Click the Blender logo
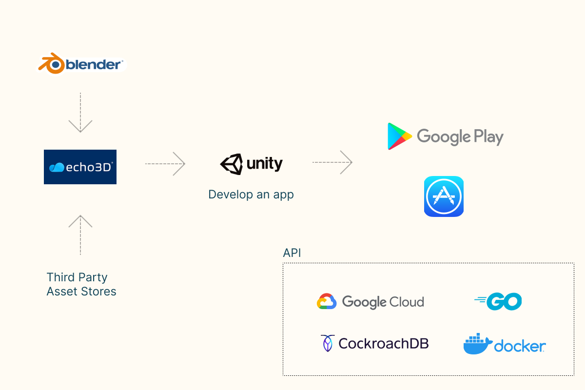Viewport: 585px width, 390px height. click(81, 64)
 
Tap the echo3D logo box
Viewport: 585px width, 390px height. click(80, 167)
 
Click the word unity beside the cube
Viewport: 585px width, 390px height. click(265, 164)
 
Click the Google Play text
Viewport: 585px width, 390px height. click(460, 137)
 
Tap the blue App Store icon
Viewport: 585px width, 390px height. click(444, 196)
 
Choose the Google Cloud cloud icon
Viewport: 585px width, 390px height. click(327, 302)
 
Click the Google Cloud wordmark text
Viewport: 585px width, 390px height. click(383, 302)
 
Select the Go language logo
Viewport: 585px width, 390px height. click(498, 302)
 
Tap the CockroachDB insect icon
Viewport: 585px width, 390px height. click(327, 343)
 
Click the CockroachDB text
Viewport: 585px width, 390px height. click(384, 343)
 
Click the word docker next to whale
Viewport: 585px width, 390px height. click(520, 346)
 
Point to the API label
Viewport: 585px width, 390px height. click(292, 253)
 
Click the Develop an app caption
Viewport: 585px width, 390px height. click(251, 195)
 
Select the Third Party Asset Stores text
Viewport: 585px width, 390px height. click(81, 284)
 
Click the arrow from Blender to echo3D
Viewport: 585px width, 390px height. click(80, 113)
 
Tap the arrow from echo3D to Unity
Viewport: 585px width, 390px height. click(165, 164)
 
